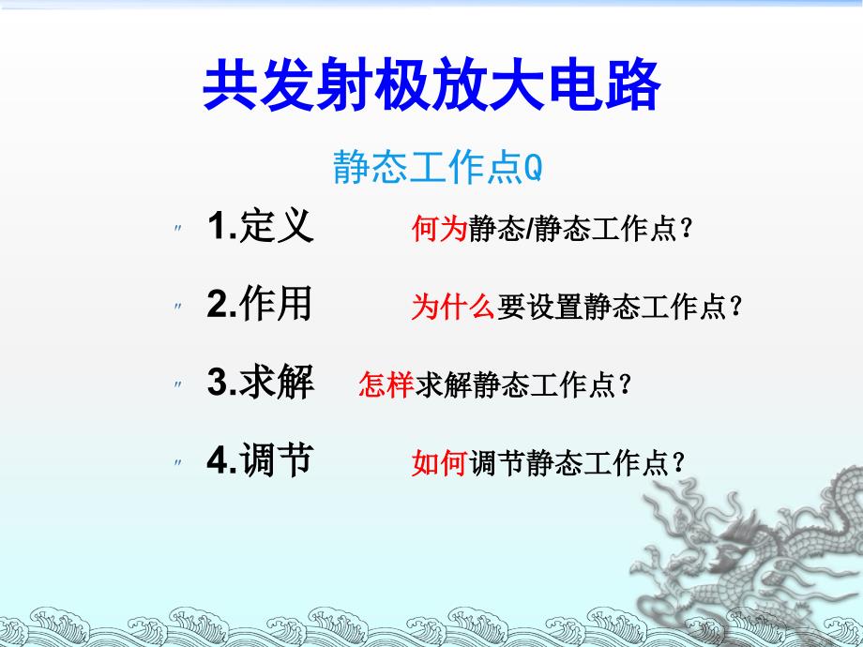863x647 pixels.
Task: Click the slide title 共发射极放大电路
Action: point(431,87)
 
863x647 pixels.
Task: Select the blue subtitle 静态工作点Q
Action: point(437,168)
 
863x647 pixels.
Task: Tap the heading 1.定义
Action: point(260,227)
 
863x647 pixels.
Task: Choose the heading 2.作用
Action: point(260,305)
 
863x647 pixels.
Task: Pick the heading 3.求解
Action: point(260,383)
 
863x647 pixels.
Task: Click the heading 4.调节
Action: point(260,460)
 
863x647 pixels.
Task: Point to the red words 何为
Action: point(439,229)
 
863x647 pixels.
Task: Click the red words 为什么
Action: point(453,307)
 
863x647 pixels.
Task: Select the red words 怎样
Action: point(386,384)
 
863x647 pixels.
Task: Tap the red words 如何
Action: point(439,462)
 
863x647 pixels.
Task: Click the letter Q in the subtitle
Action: point(532,169)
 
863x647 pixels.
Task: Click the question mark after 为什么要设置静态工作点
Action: point(735,308)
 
